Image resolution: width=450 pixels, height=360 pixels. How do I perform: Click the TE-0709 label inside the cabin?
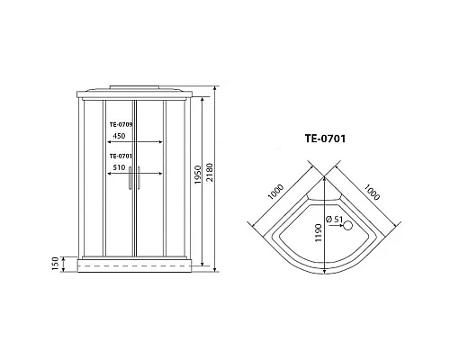pyautogui.click(x=121, y=125)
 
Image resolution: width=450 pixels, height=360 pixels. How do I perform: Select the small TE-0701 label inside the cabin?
pyautogui.click(x=121, y=155)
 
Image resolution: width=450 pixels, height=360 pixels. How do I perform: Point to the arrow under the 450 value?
pyautogui.click(x=135, y=142)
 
